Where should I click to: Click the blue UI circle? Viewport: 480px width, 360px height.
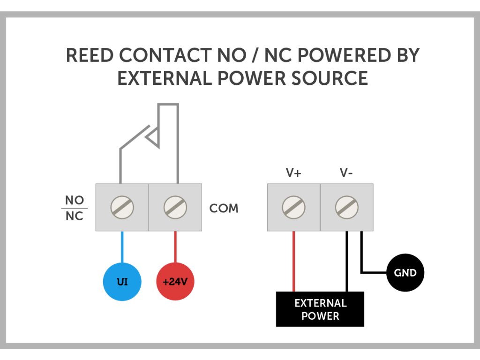[x=122, y=282]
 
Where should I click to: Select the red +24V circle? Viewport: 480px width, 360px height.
[x=175, y=282]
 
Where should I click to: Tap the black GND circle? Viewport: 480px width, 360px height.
[x=405, y=272]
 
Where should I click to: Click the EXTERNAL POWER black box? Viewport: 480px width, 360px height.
[x=320, y=309]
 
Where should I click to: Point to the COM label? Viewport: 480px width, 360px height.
[x=224, y=208]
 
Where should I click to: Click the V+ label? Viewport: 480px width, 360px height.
[x=293, y=173]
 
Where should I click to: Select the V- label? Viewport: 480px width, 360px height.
[x=346, y=173]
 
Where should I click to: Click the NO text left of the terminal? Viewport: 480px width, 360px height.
[x=75, y=201]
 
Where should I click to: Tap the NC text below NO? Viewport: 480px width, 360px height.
[x=75, y=217]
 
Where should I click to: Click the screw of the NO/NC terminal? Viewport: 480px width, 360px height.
[x=122, y=207]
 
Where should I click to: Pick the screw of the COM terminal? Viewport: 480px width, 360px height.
[x=175, y=207]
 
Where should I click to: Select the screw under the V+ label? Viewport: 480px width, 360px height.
[x=294, y=207]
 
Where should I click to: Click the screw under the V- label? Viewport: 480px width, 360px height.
[x=347, y=207]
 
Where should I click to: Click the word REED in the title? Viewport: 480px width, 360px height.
[x=90, y=56]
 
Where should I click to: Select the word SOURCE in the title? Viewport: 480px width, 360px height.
[x=334, y=78]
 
